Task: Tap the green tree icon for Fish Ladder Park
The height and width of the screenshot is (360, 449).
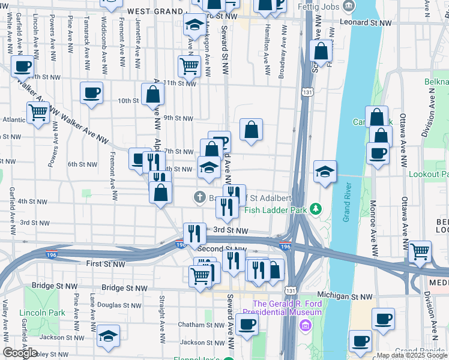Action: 315,209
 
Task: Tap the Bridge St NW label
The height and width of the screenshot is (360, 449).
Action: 124,288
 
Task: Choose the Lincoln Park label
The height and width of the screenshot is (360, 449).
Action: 42,313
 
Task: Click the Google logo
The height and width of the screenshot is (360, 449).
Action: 19,353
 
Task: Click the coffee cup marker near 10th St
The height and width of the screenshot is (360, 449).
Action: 91,92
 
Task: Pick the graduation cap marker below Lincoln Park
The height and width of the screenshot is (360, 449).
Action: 108,336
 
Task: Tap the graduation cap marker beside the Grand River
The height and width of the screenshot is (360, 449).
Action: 325,172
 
